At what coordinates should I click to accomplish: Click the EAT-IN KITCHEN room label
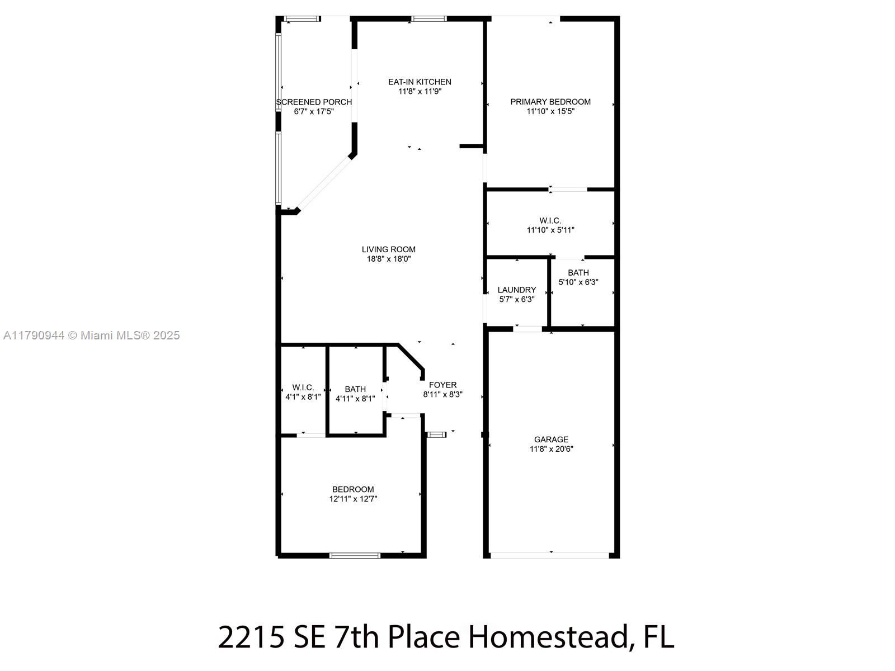point(420,82)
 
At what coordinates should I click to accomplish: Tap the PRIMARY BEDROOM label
point(550,102)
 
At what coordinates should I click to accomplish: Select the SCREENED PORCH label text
point(314,102)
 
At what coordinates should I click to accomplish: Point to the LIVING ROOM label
point(389,249)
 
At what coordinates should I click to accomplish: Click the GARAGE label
point(552,440)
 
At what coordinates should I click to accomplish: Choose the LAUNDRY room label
point(517,290)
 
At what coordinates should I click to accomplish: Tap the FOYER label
point(443,385)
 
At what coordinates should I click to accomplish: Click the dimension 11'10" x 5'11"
point(550,230)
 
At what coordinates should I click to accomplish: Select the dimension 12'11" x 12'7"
point(353,499)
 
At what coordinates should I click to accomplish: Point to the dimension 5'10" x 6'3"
point(578,282)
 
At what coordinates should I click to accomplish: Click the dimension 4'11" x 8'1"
point(355,399)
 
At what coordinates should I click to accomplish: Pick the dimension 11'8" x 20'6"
point(552,449)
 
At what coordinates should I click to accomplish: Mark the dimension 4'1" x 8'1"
point(303,397)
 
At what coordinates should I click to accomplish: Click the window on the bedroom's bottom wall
point(355,556)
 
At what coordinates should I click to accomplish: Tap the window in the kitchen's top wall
point(428,18)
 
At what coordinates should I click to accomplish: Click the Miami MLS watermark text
point(91,335)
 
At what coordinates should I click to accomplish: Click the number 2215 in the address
point(251,637)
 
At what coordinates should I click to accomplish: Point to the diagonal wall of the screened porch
point(323,183)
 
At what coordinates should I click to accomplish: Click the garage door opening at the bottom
point(550,556)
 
